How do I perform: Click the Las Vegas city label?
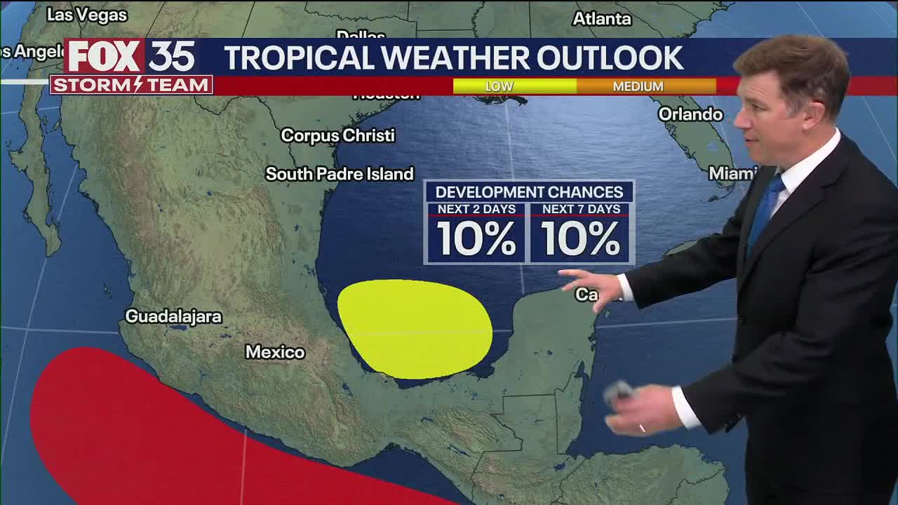[87, 14]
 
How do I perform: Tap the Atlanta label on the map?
[602, 19]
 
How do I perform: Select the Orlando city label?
[690, 114]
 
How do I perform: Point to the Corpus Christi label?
[337, 135]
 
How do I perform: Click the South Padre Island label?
[340, 174]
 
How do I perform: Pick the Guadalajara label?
[173, 316]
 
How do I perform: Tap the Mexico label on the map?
[275, 352]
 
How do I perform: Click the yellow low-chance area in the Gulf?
[414, 328]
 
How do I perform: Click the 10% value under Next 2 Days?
[476, 239]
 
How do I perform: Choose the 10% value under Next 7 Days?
[581, 239]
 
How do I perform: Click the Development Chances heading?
[529, 192]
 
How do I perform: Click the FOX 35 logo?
[131, 57]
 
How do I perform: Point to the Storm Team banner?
[131, 86]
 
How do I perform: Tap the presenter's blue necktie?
[765, 210]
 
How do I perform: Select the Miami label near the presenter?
[732, 173]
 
